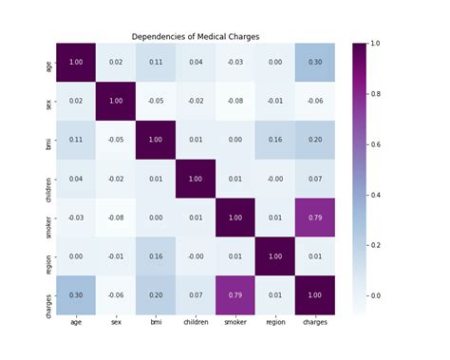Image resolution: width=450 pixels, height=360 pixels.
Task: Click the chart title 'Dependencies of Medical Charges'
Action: (x=195, y=36)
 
